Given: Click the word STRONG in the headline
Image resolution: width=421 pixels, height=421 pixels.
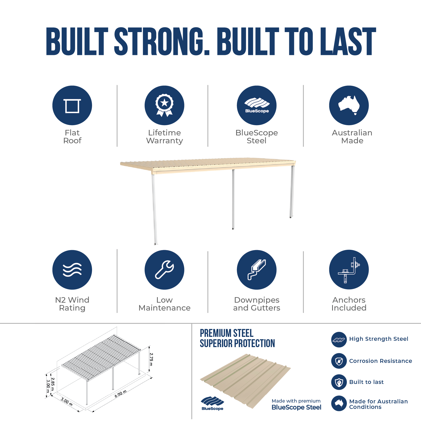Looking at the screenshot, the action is point(162,42).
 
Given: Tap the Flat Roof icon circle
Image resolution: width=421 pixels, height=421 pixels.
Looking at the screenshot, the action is point(72,105).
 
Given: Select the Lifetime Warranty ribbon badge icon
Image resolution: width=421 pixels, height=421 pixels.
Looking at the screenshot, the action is point(164,105).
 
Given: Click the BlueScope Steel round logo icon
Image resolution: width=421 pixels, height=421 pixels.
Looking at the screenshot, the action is point(257,105).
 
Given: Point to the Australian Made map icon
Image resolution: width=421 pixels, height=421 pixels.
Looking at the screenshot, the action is point(349,105).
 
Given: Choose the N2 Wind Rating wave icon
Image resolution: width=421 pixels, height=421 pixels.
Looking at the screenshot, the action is point(72,270).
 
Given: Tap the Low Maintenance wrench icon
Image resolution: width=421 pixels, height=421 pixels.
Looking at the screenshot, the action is point(164,270).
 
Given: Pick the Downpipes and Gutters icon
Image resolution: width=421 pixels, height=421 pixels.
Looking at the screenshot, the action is point(257,270).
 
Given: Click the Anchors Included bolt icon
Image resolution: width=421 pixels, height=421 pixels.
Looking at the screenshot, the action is point(349,270).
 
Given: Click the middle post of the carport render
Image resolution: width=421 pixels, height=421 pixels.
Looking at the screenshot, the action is point(233,199).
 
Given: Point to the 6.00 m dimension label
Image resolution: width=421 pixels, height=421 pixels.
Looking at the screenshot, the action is point(121,394).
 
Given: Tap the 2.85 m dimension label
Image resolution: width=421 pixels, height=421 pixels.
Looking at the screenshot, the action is point(53,384).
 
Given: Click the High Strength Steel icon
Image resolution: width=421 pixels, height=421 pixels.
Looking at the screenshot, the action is point(339,340).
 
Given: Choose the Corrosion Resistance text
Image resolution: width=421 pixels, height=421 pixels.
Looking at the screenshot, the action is point(381,361).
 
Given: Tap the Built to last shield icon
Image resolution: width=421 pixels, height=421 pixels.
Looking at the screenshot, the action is point(339,382).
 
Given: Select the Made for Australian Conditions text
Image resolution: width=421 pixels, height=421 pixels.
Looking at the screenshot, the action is point(378,404).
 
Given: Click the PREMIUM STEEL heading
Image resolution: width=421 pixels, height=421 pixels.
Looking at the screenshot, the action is point(227,333).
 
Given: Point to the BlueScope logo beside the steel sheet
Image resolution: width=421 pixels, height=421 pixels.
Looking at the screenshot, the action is point(212,403).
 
